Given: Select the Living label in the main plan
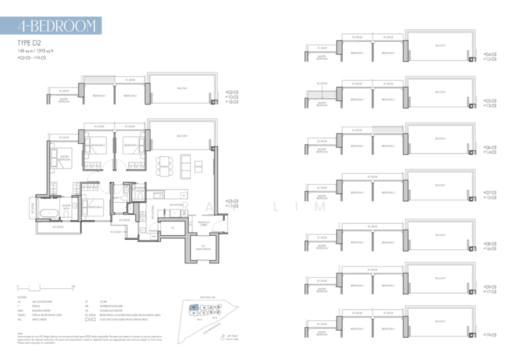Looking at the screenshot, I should (197, 167).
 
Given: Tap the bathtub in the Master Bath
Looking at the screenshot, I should (50, 214).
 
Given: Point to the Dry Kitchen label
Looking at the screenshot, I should (175, 206).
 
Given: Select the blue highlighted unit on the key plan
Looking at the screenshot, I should (194, 306).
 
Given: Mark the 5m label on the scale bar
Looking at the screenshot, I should (74, 286).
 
